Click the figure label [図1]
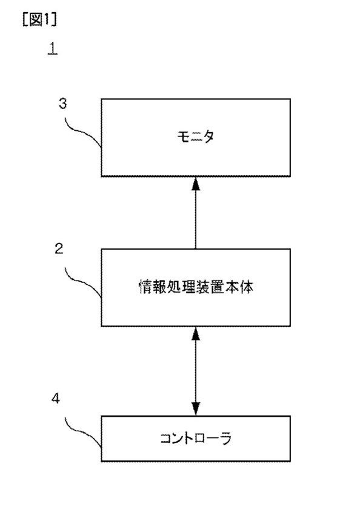tap(39, 20)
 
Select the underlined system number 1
tap(53, 48)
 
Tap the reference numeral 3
tap(62, 104)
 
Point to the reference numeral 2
tap(59, 248)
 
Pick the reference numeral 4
tap(56, 398)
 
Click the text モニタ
tap(196, 136)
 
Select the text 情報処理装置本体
tap(196, 287)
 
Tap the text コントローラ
tap(196, 438)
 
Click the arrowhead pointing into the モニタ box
tap(196, 184)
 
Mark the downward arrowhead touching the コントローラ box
tap(196, 409)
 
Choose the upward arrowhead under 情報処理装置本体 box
tap(196, 333)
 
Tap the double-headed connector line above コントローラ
tap(196, 371)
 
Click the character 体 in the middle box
tap(246, 287)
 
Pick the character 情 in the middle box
tap(145, 287)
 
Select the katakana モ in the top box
tap(183, 136)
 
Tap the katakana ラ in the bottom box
tap(225, 438)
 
